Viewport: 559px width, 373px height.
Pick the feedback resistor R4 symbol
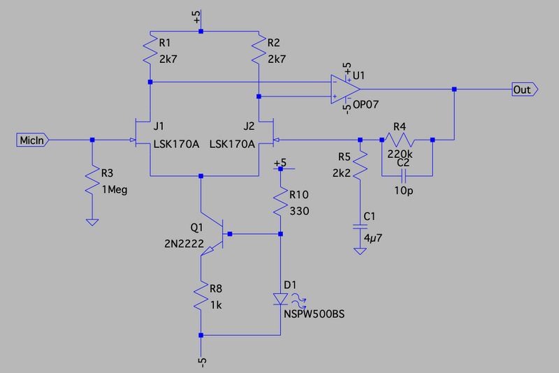pos(406,140)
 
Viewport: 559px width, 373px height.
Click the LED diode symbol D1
pos(281,299)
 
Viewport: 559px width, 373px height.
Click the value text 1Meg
pos(115,189)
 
